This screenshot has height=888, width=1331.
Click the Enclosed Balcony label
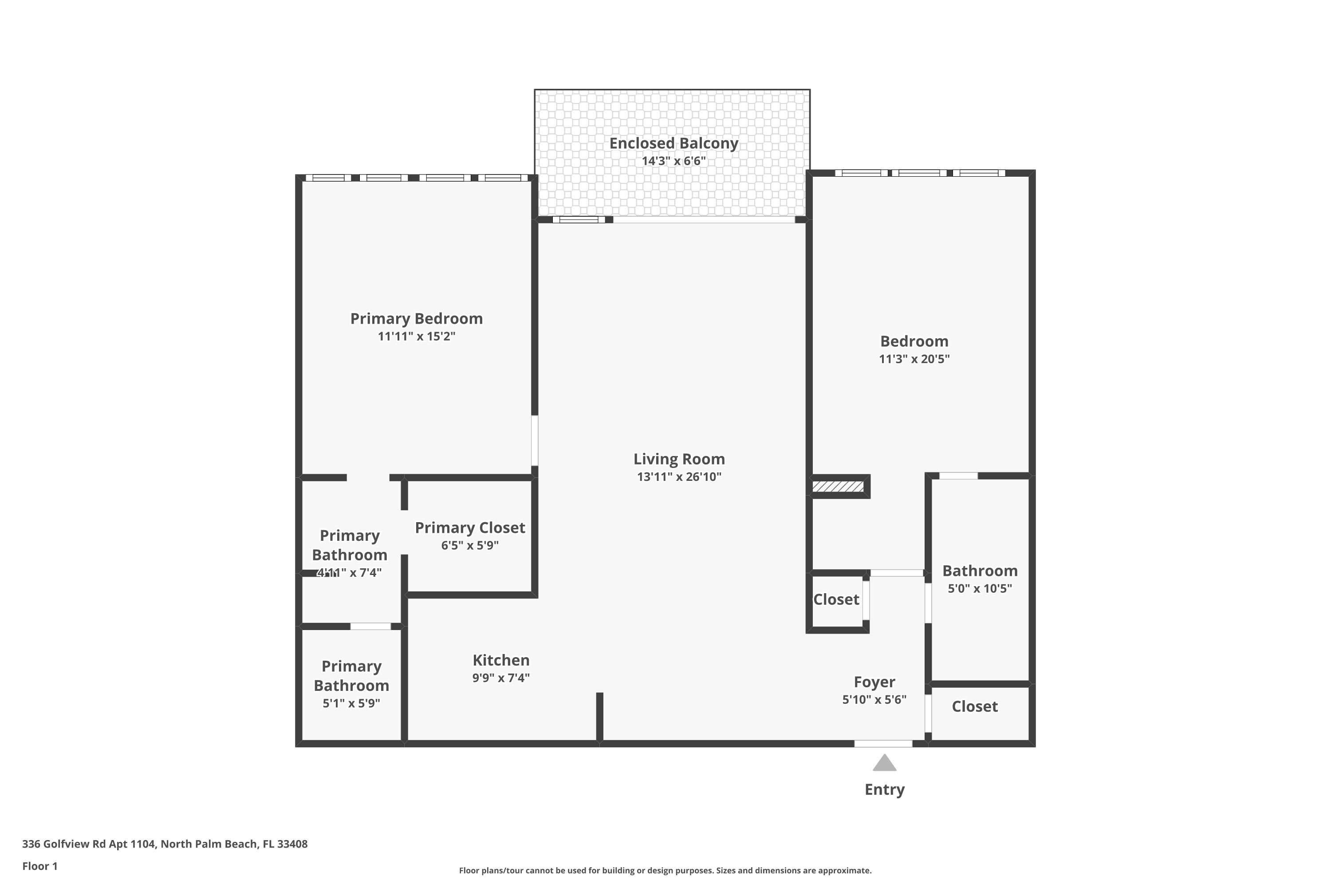673,143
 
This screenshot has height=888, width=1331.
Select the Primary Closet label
470,528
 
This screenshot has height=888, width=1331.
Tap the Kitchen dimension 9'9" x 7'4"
501,678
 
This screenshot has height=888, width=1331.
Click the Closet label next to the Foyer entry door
974,707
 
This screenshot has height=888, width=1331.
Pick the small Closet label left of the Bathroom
836,600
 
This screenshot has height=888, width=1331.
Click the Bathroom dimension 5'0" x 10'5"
980,588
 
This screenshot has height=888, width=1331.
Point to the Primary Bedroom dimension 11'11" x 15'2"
417,337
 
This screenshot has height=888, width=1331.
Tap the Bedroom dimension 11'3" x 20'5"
914,359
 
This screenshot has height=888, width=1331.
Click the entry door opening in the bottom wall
883,744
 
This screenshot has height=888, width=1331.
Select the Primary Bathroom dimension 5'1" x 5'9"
351,703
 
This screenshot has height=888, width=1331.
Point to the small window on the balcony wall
579,220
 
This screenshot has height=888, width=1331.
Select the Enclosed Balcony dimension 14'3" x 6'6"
673,161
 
